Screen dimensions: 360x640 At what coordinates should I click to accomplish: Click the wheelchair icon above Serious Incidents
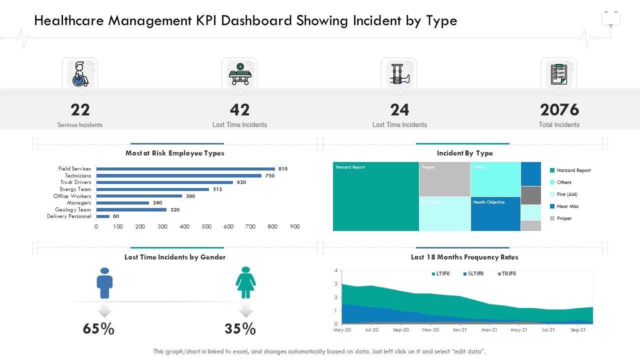[x=80, y=74]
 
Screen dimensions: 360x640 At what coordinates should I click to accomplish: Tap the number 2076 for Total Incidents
[x=559, y=109]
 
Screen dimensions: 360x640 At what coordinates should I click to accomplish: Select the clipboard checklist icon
[x=558, y=74]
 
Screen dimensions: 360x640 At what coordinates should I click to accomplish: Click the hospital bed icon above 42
[x=239, y=74]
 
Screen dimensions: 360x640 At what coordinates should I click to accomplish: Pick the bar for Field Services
[x=185, y=169]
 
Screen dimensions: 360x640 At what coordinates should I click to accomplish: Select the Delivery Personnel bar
[x=103, y=216]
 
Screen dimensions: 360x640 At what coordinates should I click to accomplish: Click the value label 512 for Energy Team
[x=217, y=189]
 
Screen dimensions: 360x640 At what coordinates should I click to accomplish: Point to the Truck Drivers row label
[x=76, y=182]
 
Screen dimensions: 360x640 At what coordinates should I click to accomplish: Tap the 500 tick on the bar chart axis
[x=206, y=226]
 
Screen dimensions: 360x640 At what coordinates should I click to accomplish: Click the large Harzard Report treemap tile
[x=376, y=196]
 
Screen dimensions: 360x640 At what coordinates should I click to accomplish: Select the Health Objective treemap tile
[x=495, y=214]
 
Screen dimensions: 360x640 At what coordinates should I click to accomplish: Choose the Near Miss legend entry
[x=567, y=206]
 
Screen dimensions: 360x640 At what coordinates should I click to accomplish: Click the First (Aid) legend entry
[x=567, y=194]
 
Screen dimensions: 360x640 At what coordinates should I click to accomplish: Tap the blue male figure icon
[x=104, y=283]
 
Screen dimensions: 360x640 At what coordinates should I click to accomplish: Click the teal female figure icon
[x=245, y=282]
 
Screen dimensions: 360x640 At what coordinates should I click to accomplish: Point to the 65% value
[x=98, y=329]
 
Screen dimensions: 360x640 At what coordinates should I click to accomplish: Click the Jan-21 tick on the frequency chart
[x=460, y=330]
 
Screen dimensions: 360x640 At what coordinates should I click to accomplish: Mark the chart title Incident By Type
[x=464, y=153]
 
